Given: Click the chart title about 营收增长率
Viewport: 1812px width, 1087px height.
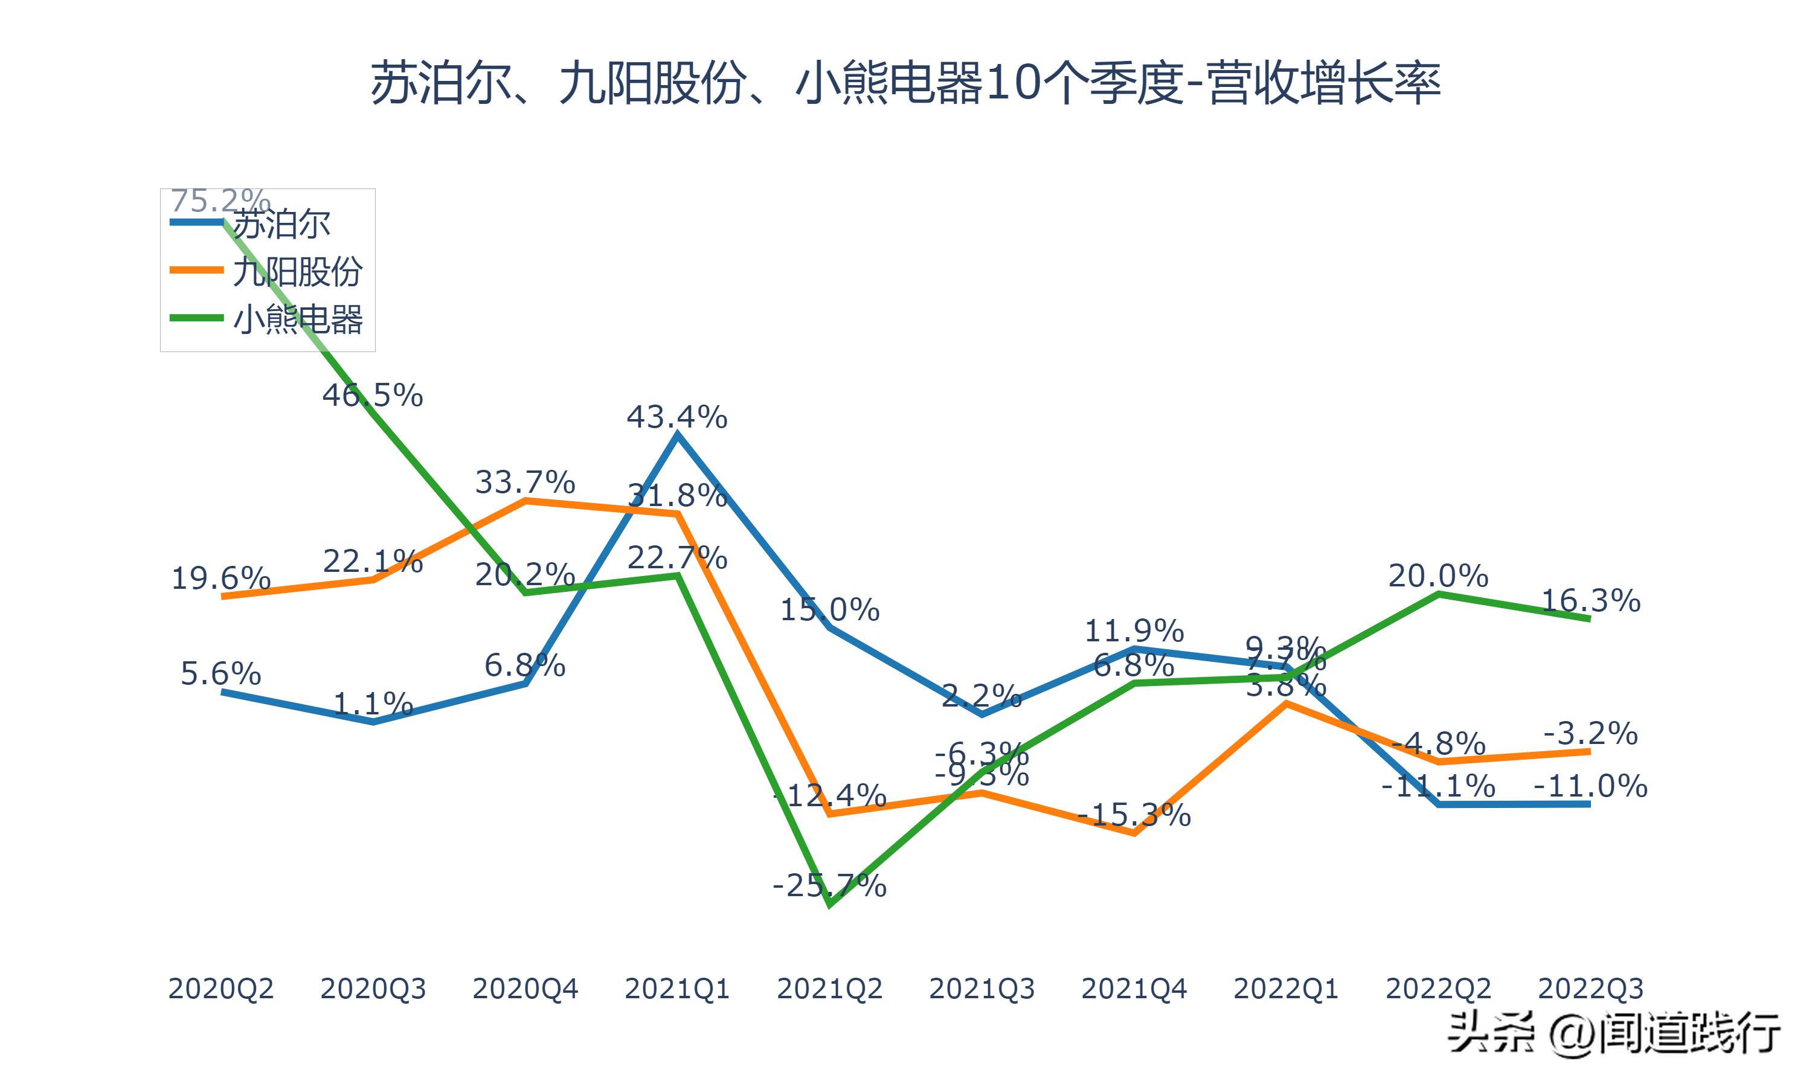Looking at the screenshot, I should pyautogui.click(x=905, y=83).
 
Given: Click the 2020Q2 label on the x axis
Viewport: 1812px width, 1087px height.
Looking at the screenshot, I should pyautogui.click(x=220, y=989).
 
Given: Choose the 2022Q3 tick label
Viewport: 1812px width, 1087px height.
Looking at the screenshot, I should pyautogui.click(x=1590, y=989).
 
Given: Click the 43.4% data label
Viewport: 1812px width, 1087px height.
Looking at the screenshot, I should pyautogui.click(x=676, y=417).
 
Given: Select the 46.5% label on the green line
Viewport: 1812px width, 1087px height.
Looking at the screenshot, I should pyautogui.click(x=372, y=396).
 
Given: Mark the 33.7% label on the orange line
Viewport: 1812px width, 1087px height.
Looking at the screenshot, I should pyautogui.click(x=525, y=482).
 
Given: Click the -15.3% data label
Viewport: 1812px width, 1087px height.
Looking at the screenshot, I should pyautogui.click(x=1134, y=815).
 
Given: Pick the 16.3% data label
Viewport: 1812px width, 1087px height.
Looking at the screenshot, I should pyautogui.click(x=1590, y=601).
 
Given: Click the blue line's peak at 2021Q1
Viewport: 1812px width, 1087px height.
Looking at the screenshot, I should pyautogui.click(x=678, y=435).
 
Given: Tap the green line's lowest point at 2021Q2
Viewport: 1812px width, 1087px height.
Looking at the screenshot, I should pyautogui.click(x=829, y=905).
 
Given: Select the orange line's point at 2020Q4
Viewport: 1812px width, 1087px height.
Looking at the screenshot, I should pyautogui.click(x=525, y=501).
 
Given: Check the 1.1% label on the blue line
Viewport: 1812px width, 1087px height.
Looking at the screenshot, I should pyautogui.click(x=373, y=704).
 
